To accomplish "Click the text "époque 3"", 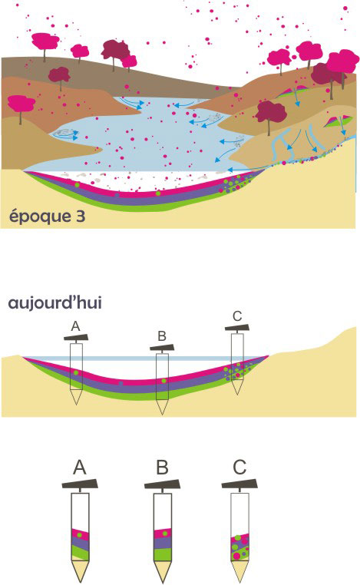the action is point(47,216).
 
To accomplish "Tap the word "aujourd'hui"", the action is point(55,302).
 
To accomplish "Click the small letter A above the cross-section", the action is point(75,326).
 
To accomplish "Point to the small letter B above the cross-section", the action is point(161,335).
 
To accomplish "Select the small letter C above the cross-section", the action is point(237,316).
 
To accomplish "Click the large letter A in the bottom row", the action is point(80,468).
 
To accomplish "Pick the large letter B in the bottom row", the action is point(162,468).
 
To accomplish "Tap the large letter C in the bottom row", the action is point(239,467).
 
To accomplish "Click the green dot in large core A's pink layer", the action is point(80,534).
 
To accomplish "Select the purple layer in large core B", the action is point(162,543).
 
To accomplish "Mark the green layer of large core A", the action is point(80,553).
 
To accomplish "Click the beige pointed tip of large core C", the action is point(240,571).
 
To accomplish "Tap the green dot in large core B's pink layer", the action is point(163,533).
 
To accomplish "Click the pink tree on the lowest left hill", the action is point(21,104).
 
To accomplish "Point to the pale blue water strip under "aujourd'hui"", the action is point(146,359).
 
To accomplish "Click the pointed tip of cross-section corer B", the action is point(162,414).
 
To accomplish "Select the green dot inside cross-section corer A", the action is point(76,372).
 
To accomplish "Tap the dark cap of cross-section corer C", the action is point(238,328).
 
